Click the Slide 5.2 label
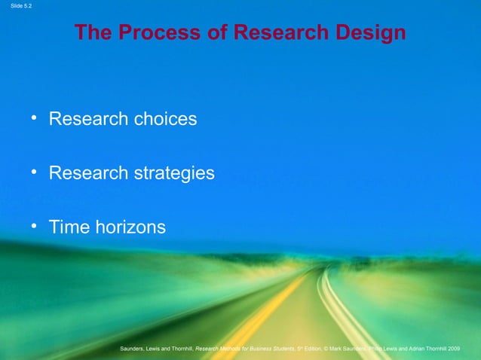pyautogui.click(x=17, y=7)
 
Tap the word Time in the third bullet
pyautogui.click(x=69, y=227)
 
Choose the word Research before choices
pyautogui.click(x=88, y=119)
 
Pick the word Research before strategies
pyautogui.click(x=88, y=174)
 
